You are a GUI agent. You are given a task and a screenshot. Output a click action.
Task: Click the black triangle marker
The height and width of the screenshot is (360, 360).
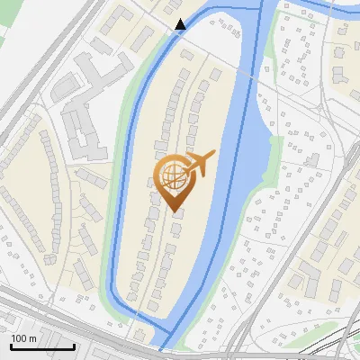click(181, 23)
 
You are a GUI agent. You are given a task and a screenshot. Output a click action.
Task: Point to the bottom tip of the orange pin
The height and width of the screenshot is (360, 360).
click(172, 211)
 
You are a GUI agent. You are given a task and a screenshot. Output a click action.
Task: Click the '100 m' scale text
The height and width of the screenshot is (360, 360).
click(23, 337)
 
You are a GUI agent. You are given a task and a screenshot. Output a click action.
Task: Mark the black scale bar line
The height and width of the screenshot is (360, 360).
click(42, 346)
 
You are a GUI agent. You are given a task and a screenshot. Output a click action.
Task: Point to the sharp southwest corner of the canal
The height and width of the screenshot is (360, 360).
click(112, 290)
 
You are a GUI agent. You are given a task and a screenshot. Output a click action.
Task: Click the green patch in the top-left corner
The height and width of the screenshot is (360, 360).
click(7, 27)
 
